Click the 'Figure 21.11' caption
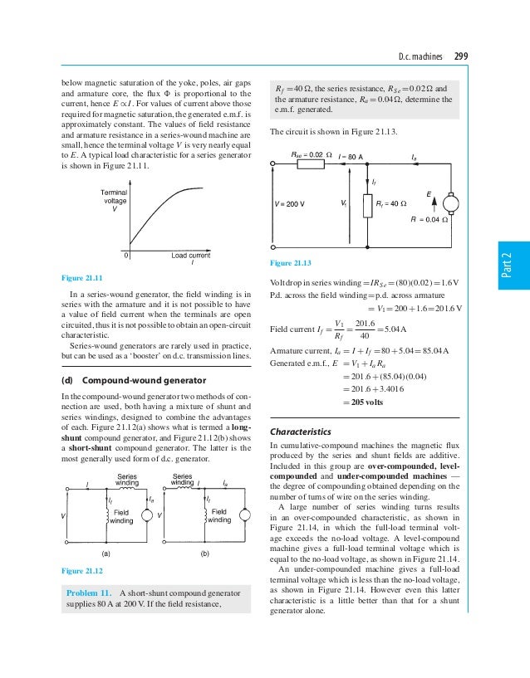(82, 277)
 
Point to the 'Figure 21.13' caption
(292, 263)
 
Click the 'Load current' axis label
(191, 256)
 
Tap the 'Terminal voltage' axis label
(115, 200)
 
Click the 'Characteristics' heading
(301, 432)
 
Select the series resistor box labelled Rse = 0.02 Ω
(311, 164)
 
